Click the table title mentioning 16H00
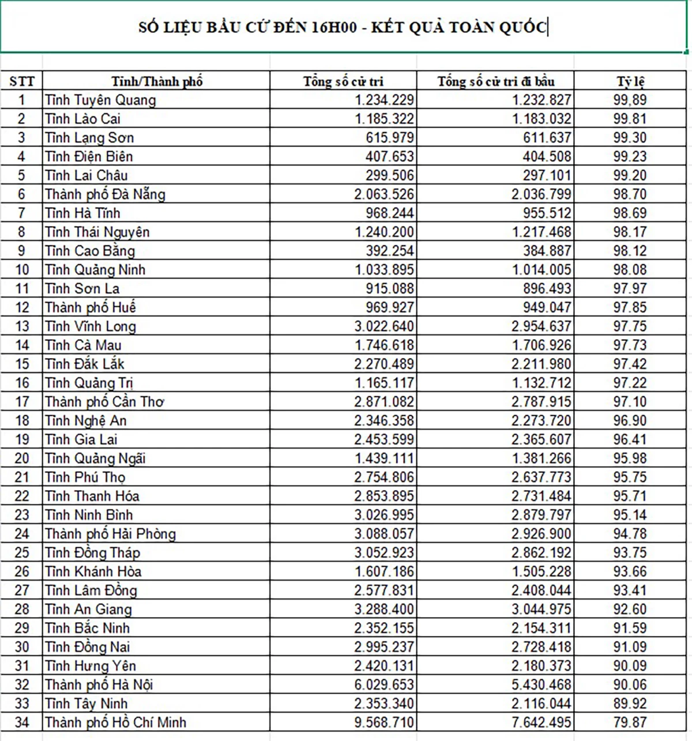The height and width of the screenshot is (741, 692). point(343,27)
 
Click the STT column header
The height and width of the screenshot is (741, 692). point(22,81)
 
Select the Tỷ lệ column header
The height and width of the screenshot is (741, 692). point(630,81)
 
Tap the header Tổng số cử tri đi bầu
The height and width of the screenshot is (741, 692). point(495,81)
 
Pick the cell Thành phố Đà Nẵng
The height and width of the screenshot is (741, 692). point(105,194)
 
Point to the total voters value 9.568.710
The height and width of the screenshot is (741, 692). point(384,723)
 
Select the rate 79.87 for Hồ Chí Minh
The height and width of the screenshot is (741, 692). point(630,723)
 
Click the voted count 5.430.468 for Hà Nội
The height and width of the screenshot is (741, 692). point(541,684)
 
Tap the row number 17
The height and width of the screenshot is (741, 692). point(22,402)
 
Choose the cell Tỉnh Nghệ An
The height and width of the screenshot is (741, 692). point(85,421)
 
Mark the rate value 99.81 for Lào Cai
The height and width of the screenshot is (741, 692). point(630,119)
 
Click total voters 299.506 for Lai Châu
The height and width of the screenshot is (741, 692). point(389,175)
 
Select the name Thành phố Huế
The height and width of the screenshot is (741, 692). point(91,307)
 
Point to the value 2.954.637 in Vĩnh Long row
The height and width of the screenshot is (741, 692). point(541,326)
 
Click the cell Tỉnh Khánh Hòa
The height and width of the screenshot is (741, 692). point(93,571)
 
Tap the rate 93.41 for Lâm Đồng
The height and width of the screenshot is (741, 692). point(630,590)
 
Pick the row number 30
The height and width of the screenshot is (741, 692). point(22,647)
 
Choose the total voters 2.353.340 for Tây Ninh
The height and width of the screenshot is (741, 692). point(384,704)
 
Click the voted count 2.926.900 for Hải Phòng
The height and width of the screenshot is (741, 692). point(541,534)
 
